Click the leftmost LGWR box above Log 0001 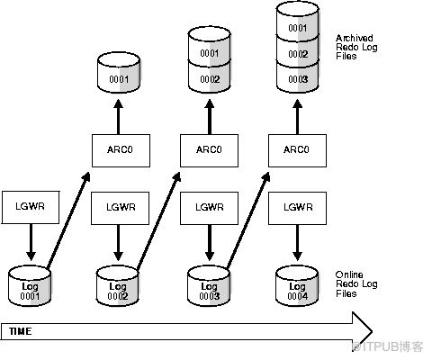point(31,207)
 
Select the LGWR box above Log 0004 point(297,208)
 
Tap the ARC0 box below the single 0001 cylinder point(121,150)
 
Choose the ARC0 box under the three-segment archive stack point(297,150)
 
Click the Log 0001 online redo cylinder point(30,286)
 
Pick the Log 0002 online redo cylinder point(118,286)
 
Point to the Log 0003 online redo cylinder point(209,286)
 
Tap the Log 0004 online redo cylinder point(297,286)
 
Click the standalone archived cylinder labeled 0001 point(119,73)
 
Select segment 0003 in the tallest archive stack point(298,77)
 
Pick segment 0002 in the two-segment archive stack point(210,77)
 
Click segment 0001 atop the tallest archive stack point(298,22)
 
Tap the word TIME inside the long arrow point(21,331)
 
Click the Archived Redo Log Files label point(356,47)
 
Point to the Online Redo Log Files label point(356,284)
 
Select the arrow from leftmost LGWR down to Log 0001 point(31,242)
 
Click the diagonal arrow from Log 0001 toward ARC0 point(68,220)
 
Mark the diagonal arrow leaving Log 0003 point(247,220)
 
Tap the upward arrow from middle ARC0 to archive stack point(210,117)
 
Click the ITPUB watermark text point(388,347)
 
